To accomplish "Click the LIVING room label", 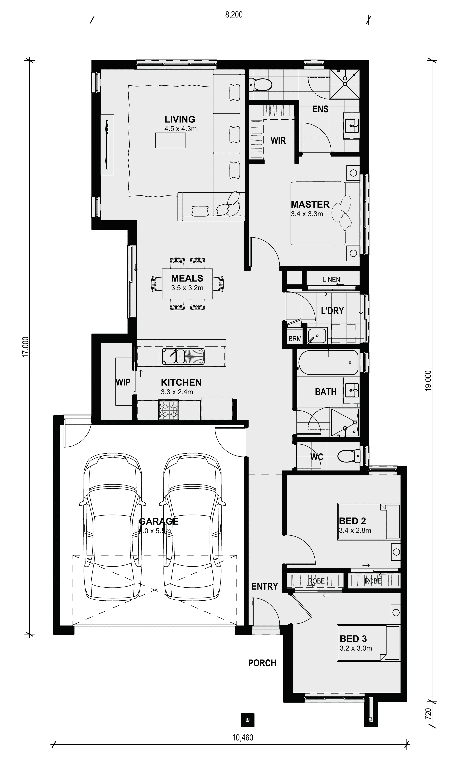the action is coord(180,119).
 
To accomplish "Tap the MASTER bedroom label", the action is coord(310,205).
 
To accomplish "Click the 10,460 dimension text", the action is coord(243,737).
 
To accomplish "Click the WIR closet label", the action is coord(278,140).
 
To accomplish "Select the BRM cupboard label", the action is coord(295,339).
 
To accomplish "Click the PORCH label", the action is coord(262,663).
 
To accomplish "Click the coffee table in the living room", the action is coord(171,140).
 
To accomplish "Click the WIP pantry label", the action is coord(123,382).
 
